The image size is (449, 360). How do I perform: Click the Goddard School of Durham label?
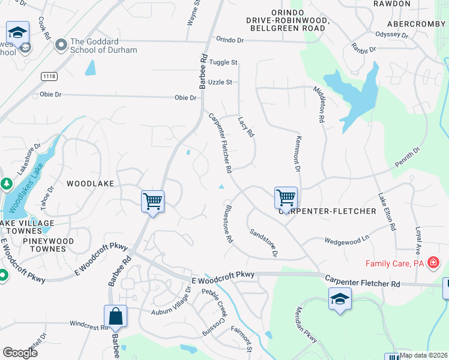pos(103,46)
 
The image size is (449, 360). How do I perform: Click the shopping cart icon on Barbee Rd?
pos(152,201)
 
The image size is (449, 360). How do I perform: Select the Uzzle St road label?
pos(220,82)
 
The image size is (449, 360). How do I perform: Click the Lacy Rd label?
pos(246,127)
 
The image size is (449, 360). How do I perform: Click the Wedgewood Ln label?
pos(346,241)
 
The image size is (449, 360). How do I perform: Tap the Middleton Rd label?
pos(318,104)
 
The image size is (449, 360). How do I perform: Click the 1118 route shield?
pos(49,76)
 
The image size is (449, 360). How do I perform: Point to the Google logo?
pos(20,352)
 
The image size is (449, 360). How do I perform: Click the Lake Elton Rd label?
pos(387,212)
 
